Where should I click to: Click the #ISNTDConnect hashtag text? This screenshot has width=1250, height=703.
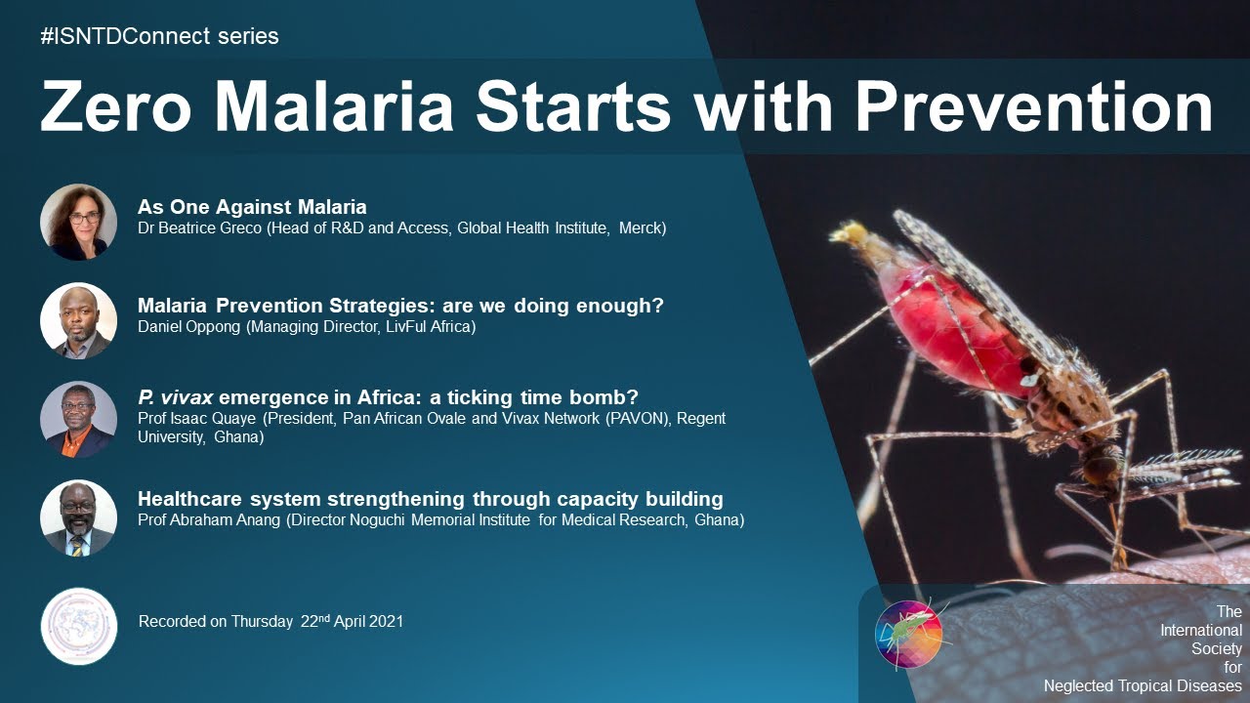159,37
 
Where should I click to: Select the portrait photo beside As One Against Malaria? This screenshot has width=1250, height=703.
79,222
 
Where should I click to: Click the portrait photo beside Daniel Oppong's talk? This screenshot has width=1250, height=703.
79,320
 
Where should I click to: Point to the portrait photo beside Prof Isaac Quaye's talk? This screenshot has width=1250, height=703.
79,419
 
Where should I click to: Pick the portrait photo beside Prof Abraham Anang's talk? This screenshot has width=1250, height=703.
79,517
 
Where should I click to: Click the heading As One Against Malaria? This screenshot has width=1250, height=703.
252,207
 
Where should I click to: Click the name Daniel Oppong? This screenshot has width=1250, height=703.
189,327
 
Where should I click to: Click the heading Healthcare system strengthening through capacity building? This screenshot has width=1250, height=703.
430,499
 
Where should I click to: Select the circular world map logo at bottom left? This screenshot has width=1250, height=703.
79,626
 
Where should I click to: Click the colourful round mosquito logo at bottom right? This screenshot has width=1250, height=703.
909,635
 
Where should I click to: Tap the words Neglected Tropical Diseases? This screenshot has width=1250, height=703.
1143,686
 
